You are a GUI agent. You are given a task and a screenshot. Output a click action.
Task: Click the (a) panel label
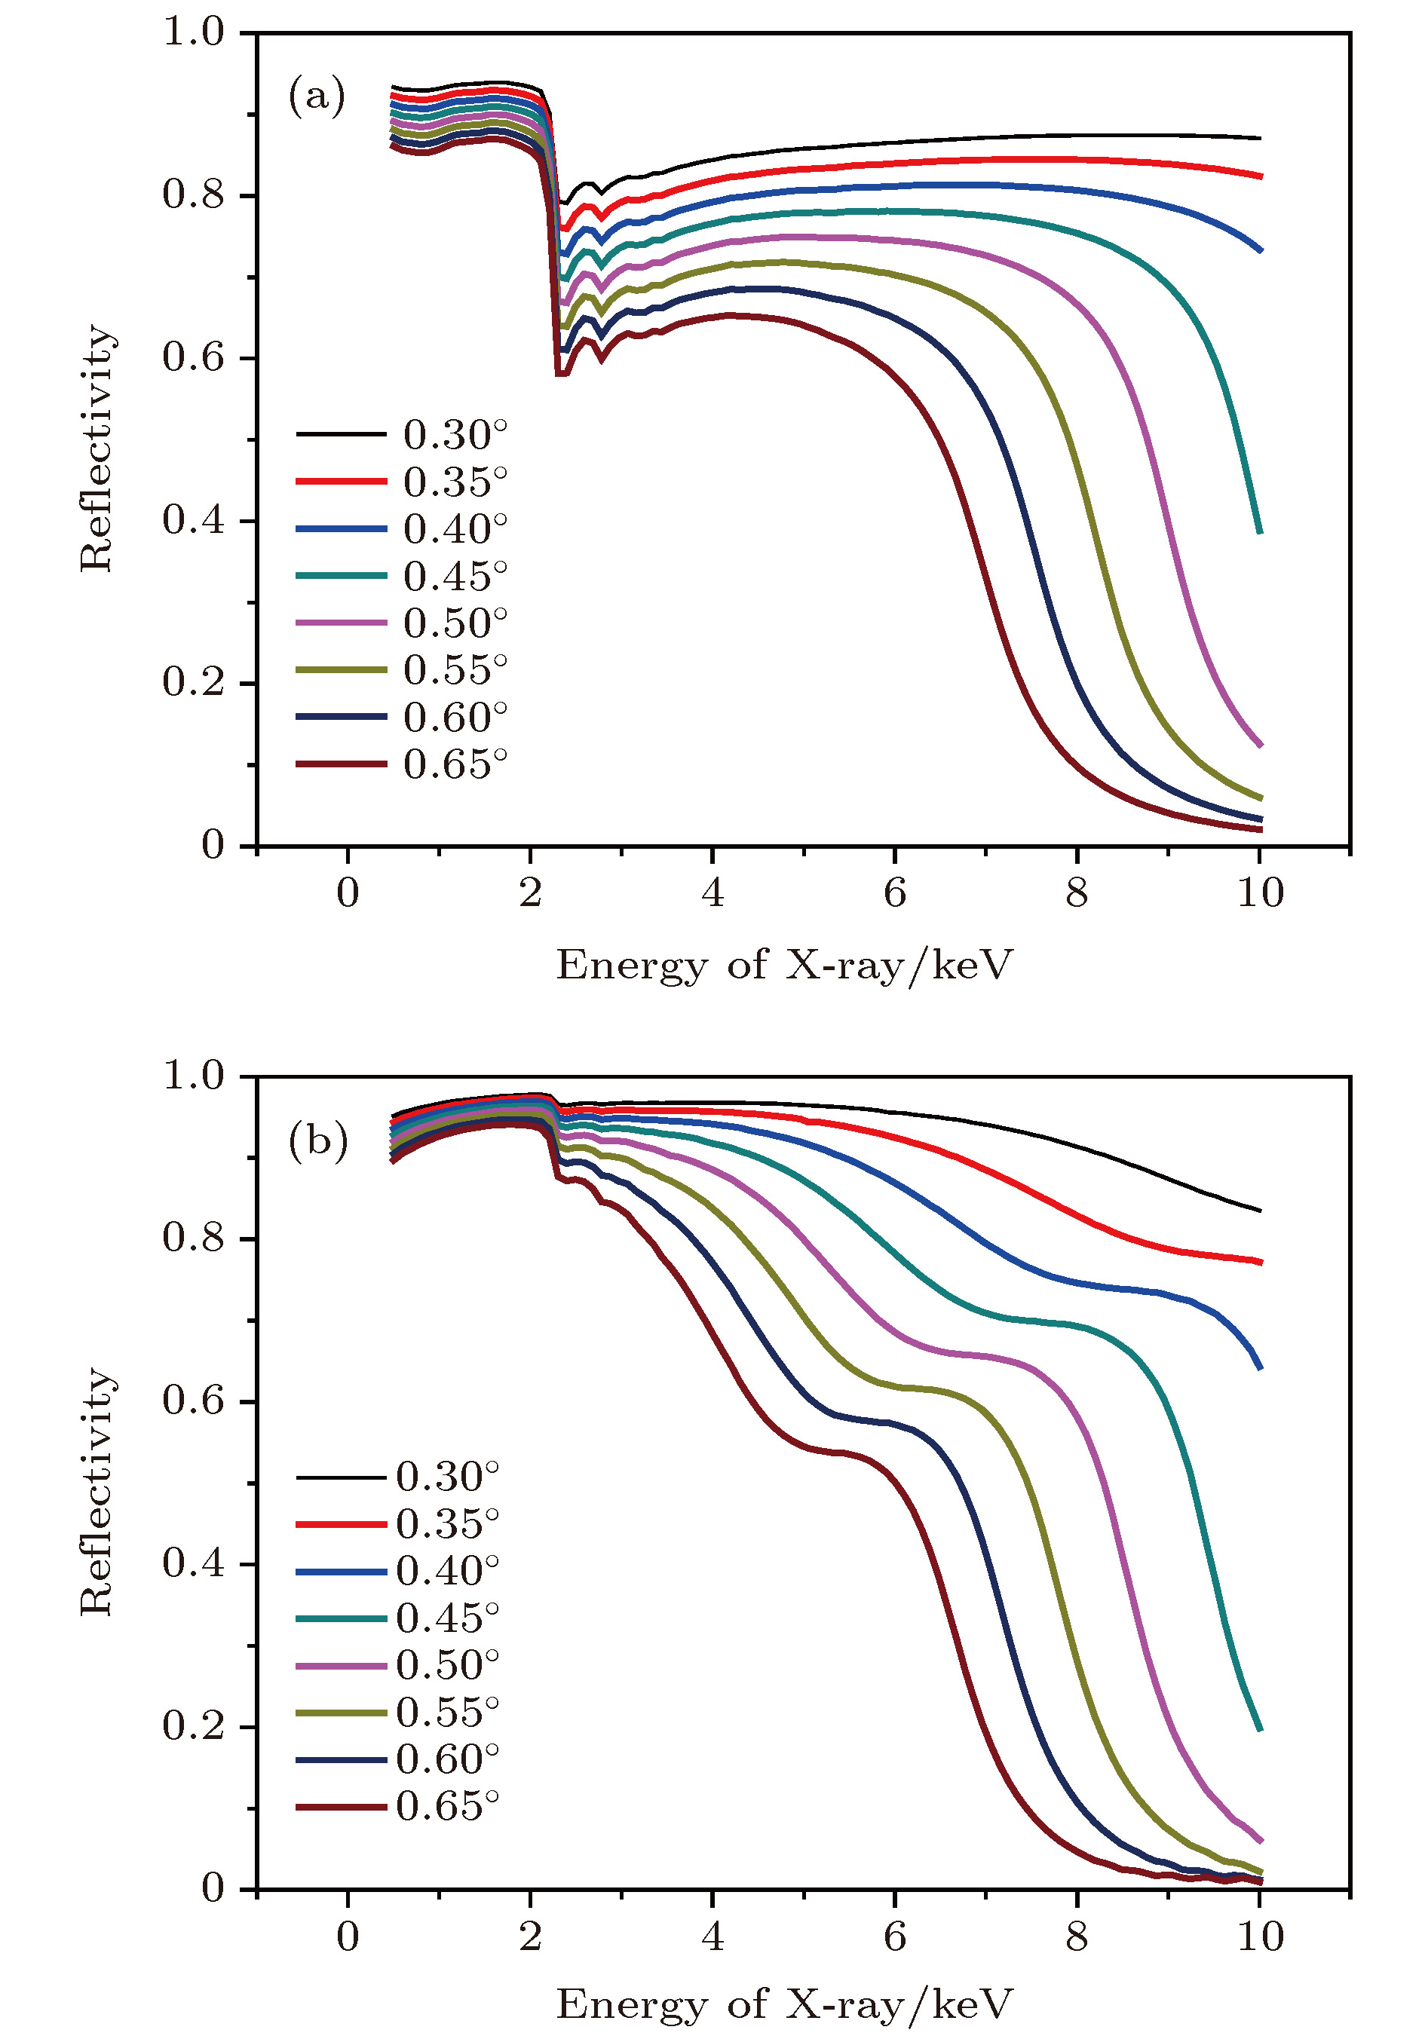click(x=316, y=95)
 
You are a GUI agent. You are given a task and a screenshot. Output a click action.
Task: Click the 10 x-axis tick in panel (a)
click(x=1260, y=892)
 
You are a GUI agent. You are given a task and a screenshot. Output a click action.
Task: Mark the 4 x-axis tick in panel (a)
click(x=712, y=892)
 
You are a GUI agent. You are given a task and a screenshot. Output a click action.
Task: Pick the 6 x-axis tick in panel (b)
click(x=895, y=1936)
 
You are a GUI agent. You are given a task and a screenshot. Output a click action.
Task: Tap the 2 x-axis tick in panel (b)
click(x=530, y=1936)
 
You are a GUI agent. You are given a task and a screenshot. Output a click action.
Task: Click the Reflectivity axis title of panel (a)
click(x=96, y=448)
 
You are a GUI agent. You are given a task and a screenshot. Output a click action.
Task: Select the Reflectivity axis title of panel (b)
click(x=96, y=1492)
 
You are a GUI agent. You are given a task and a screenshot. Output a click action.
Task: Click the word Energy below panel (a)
click(x=631, y=966)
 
